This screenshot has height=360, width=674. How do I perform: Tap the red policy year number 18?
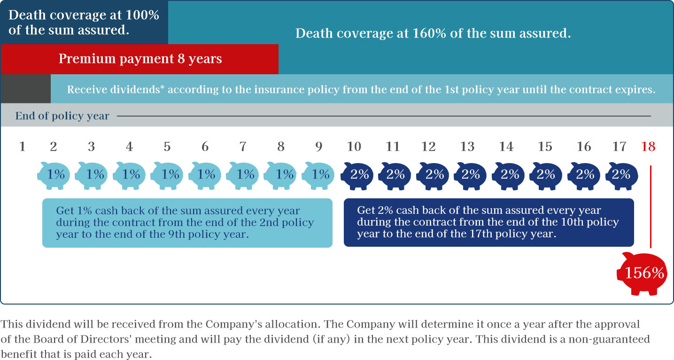point(648,147)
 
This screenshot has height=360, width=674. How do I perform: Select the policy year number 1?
point(22,147)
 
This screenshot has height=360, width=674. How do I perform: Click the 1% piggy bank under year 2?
point(54,175)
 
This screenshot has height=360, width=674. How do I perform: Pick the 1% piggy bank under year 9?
point(318,175)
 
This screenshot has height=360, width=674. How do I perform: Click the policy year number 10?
point(354,147)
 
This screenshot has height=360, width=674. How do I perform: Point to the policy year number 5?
point(167,147)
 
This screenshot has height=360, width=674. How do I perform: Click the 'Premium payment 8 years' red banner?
point(139,59)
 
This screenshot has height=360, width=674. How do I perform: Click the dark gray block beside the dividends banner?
point(25,89)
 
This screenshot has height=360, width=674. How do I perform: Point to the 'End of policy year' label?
point(62,116)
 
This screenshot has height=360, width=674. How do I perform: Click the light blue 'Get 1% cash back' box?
point(187,223)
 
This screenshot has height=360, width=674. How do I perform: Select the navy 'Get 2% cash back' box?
point(488,222)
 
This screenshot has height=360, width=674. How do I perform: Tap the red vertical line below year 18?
point(651,206)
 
